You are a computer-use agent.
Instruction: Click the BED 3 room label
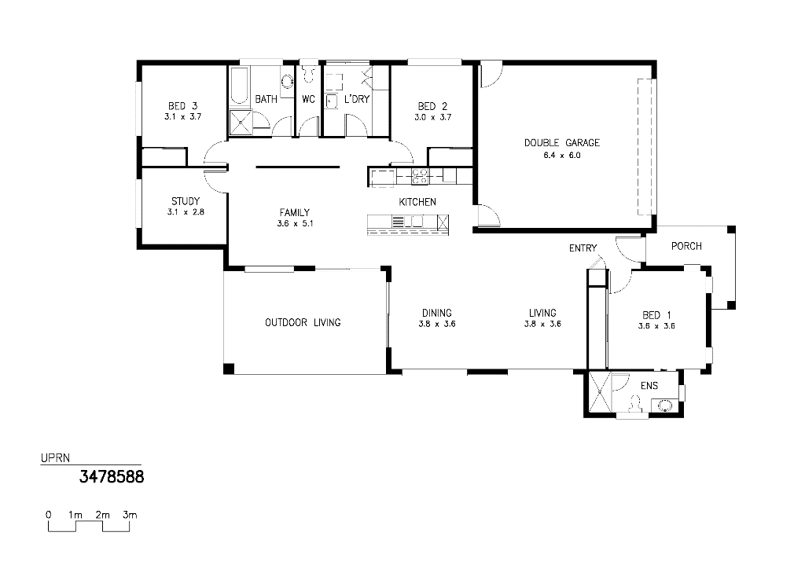click(182, 106)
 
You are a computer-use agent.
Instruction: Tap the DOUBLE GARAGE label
click(561, 142)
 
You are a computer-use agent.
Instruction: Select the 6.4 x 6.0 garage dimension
click(561, 156)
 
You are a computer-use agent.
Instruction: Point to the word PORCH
click(686, 246)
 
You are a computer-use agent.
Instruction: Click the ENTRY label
click(583, 248)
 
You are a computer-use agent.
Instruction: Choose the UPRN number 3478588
click(112, 477)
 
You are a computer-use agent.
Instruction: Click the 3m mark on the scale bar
click(130, 515)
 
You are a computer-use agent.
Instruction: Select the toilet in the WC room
click(308, 75)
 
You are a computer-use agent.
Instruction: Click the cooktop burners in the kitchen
click(421, 176)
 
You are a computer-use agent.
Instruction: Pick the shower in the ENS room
click(599, 392)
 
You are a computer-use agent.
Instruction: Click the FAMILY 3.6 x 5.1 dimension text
click(295, 224)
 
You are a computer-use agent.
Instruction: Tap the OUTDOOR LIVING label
click(303, 323)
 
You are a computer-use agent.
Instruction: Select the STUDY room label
click(186, 201)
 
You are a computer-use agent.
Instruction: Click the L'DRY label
click(357, 99)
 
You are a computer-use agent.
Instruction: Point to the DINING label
click(437, 313)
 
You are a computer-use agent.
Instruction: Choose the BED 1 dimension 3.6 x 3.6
click(656, 326)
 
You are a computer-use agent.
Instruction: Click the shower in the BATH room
click(241, 123)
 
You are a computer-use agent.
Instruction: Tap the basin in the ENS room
click(665, 406)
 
